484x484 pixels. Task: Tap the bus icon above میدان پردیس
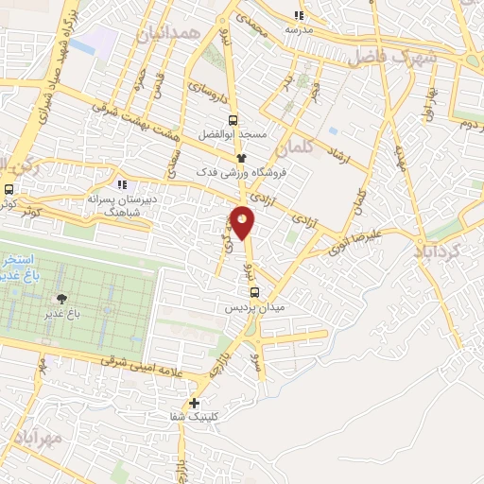(x=253, y=291)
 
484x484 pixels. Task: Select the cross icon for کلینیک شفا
(x=195, y=403)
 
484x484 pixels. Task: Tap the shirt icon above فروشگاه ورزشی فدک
(x=241, y=159)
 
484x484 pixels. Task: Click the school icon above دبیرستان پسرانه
(x=121, y=183)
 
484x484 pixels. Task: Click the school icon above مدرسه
(x=300, y=15)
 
